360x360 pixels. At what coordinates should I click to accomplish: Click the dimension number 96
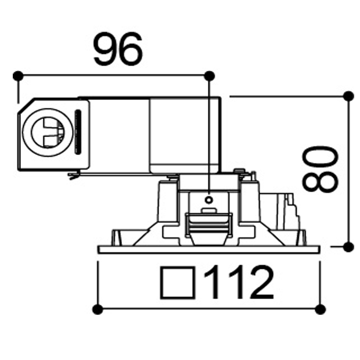pos(118,49)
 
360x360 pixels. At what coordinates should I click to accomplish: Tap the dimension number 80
pos(321,170)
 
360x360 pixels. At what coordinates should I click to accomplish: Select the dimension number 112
pos(239,282)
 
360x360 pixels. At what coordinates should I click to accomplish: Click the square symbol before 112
pos(178,283)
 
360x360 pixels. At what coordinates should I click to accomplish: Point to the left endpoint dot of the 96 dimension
pos(18,75)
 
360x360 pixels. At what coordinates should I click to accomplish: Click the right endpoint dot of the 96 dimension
pos(209,75)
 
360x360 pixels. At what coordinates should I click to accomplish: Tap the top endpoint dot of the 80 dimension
pos(349,96)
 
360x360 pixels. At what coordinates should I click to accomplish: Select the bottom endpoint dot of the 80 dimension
pos(349,247)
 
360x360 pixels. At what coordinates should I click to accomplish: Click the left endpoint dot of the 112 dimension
pos(98,309)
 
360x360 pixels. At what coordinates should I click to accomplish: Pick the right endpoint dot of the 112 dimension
pos(321,309)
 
